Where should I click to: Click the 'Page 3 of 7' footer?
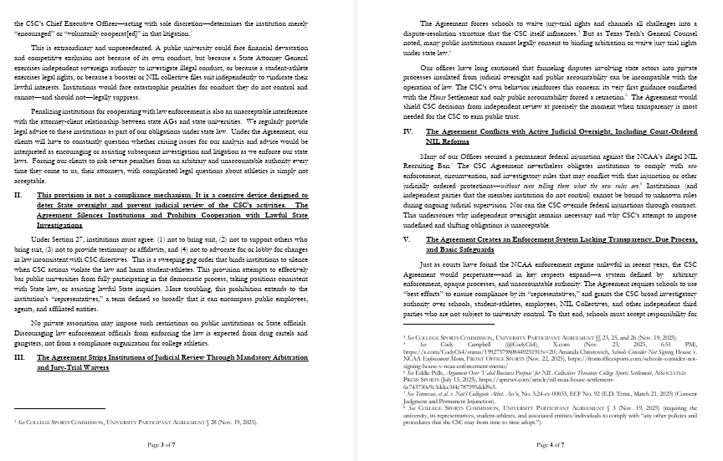(167, 444)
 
